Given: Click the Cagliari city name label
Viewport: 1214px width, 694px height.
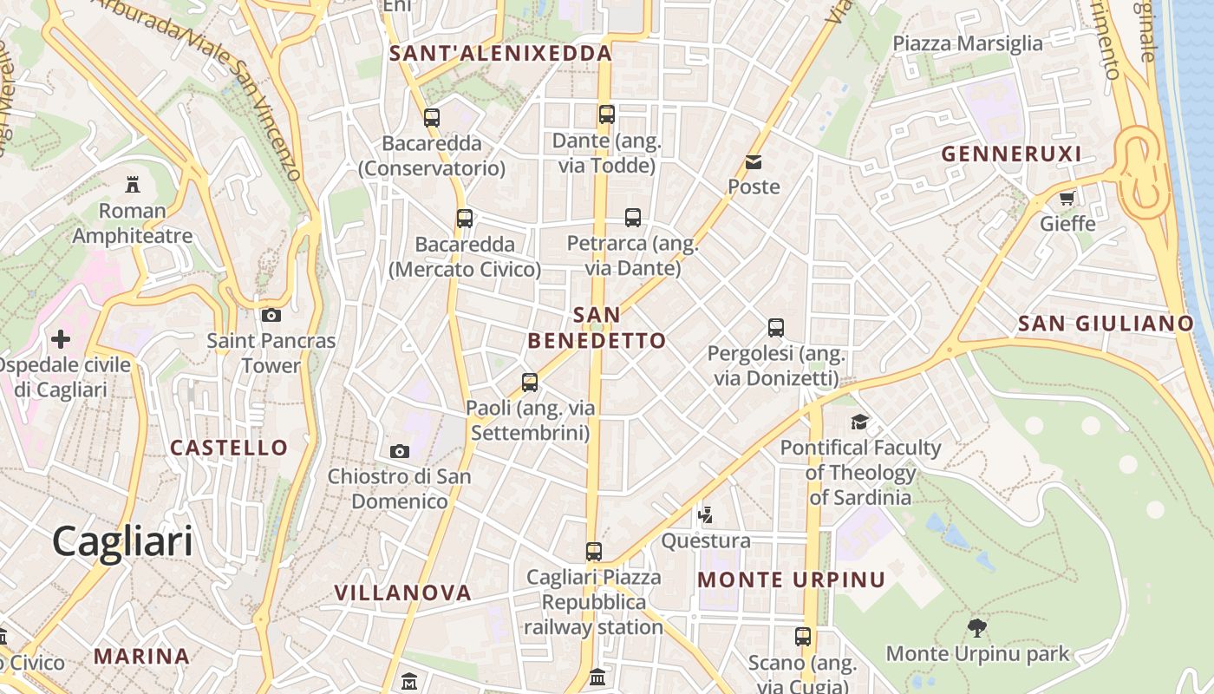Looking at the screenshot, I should click(122, 542).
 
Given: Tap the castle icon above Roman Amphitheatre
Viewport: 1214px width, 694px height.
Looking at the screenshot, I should click(132, 184).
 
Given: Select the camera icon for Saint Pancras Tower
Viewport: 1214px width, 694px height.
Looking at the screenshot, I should click(271, 315).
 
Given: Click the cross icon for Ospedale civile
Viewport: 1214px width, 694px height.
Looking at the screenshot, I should click(61, 338).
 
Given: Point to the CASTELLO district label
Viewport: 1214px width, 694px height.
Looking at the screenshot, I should click(229, 448).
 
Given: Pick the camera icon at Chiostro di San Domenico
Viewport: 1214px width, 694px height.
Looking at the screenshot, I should click(400, 451).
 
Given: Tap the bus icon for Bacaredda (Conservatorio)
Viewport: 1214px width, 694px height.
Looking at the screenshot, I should click(432, 117).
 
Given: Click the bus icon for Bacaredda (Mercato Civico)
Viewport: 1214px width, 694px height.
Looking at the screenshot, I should click(465, 219).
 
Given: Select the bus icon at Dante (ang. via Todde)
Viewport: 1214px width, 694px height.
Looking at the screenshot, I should click(607, 115).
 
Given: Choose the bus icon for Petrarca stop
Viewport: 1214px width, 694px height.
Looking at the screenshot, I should click(633, 218).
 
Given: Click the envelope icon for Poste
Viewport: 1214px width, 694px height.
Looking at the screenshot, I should click(754, 162).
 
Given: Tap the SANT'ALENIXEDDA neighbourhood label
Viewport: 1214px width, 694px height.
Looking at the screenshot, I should click(500, 53).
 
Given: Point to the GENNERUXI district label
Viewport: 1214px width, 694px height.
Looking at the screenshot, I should click(1011, 154).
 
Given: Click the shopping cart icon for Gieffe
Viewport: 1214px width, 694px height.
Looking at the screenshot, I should click(1067, 198).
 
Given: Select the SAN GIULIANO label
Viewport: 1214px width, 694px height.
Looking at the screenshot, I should click(1106, 324).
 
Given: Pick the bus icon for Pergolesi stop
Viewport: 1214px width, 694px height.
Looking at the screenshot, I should click(776, 328).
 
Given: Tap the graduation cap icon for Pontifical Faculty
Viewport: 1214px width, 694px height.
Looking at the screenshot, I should click(859, 422).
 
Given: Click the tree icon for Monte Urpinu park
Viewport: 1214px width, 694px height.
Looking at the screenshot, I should click(977, 627).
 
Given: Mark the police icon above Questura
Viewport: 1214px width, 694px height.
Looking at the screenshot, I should click(706, 515).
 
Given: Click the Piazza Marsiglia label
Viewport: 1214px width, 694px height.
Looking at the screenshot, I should click(968, 43).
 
